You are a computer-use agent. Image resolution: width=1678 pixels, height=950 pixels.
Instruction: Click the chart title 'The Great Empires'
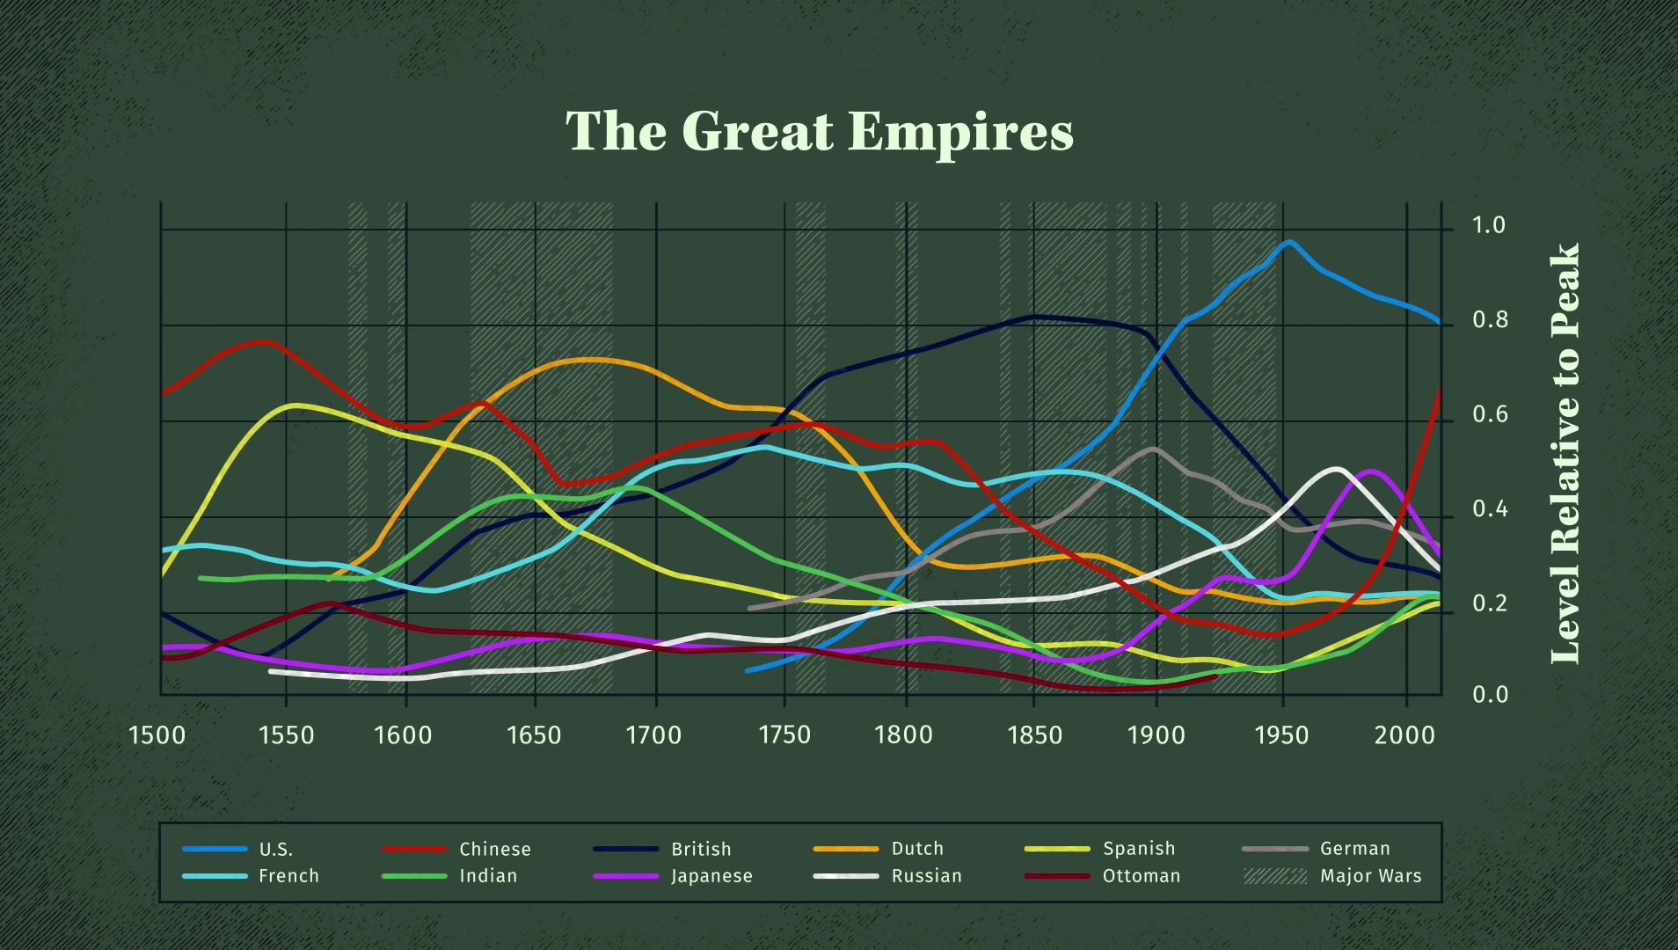tap(819, 132)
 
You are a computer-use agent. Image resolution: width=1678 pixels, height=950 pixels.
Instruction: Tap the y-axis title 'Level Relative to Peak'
tap(1565, 453)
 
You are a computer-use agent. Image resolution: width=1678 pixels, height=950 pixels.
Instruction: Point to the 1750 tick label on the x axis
tap(784, 734)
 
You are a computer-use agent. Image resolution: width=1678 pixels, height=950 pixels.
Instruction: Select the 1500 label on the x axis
tap(157, 734)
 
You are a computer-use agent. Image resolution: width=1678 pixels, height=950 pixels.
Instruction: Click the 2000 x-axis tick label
tap(1405, 734)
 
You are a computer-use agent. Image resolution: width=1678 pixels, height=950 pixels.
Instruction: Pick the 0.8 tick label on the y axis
tap(1490, 320)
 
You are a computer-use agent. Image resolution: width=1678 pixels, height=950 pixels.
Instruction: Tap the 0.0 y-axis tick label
tap(1490, 695)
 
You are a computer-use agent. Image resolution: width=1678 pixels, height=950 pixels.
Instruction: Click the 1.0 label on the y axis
tap(1489, 226)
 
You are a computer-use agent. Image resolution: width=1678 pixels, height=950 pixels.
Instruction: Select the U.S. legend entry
tap(238, 849)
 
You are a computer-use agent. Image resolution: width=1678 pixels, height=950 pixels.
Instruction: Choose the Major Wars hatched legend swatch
tap(1275, 876)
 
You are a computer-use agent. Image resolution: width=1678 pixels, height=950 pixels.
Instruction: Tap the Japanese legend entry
tap(673, 876)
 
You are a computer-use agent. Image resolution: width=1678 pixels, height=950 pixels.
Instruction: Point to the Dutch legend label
tap(917, 849)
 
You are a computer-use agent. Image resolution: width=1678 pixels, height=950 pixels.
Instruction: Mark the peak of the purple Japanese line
tap(1369, 472)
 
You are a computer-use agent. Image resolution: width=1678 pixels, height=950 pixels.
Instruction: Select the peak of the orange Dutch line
tap(587, 360)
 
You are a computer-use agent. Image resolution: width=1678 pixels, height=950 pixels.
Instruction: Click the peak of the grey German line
tap(1153, 449)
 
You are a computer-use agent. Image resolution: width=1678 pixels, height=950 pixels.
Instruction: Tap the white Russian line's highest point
tap(1335, 470)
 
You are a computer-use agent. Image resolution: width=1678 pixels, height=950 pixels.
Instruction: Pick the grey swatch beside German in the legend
tap(1275, 849)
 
